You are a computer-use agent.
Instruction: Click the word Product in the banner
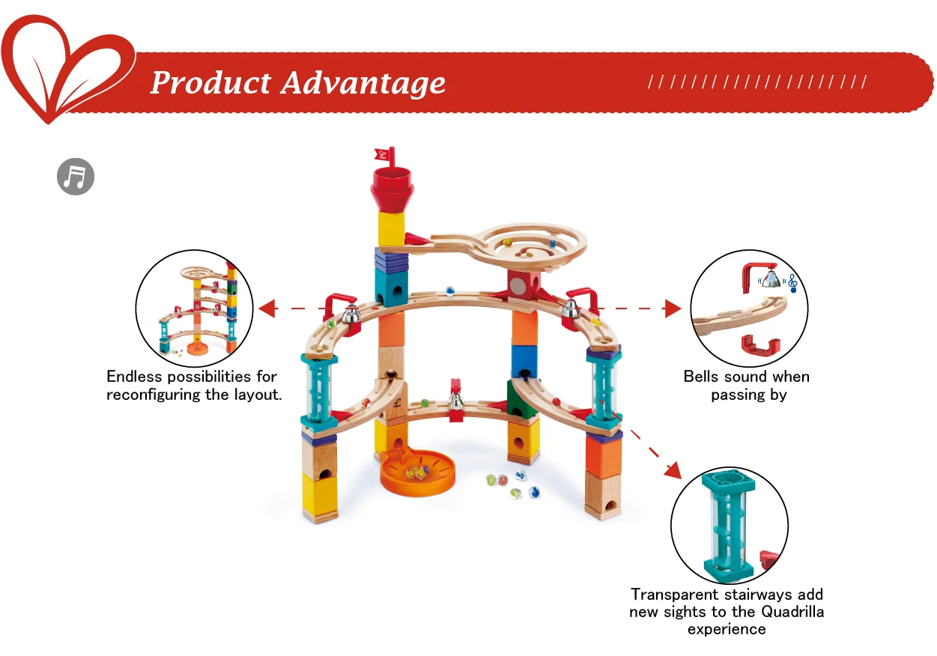(x=210, y=82)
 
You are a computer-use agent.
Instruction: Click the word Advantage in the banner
(x=363, y=84)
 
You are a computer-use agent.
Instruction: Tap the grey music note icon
(x=76, y=177)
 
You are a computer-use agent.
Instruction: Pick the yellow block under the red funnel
(x=391, y=228)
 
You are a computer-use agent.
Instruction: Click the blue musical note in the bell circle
(x=792, y=283)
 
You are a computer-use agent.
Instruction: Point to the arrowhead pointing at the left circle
(x=264, y=308)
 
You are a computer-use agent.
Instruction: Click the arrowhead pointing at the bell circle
(x=672, y=308)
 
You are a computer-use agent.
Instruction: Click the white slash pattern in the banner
(x=757, y=82)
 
